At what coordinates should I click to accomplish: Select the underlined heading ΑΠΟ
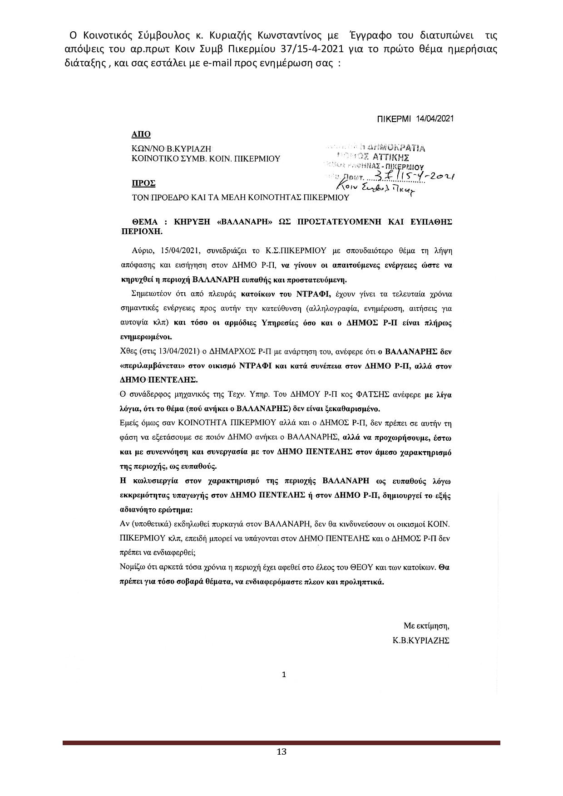coord(141,134)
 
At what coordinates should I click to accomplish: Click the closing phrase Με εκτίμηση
coord(426,626)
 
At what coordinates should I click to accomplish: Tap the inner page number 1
coord(284,675)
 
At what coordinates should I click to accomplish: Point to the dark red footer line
coord(281,743)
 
